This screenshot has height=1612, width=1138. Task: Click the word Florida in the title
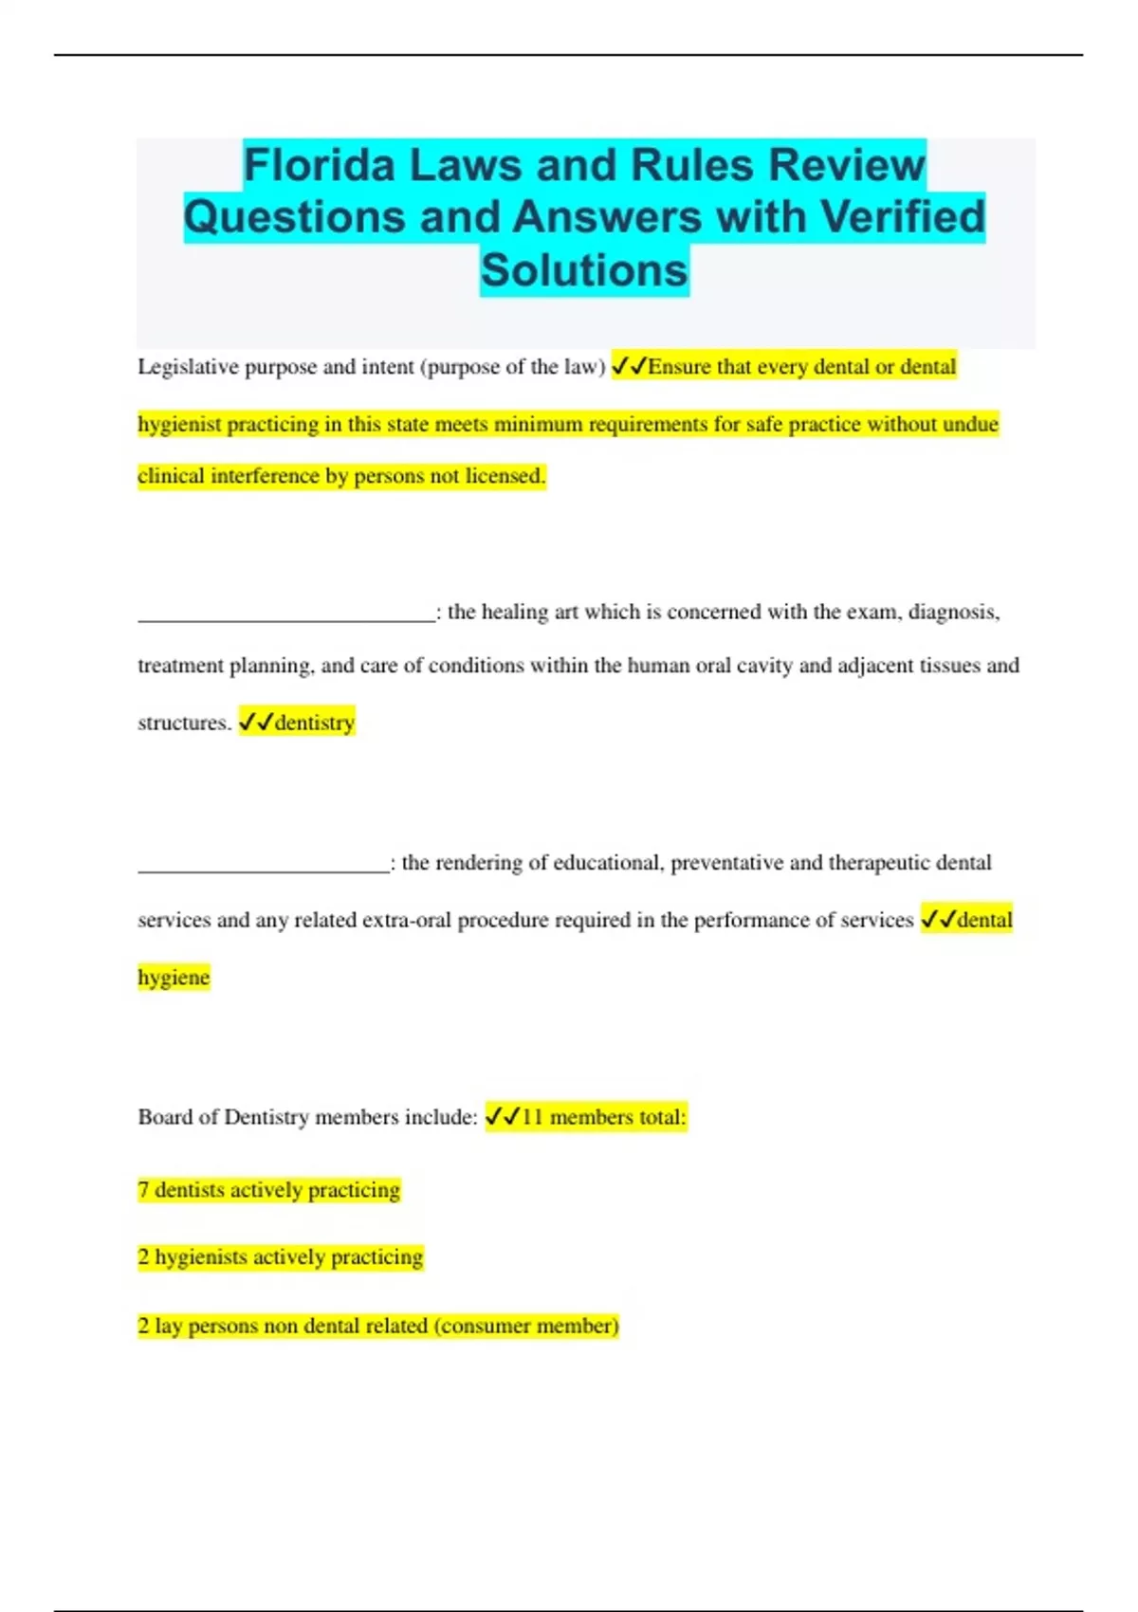319,165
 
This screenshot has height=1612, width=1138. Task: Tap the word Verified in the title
903,216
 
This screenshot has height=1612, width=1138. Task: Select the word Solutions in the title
584,269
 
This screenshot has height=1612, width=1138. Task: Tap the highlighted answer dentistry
314,723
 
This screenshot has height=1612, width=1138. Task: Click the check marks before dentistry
255,723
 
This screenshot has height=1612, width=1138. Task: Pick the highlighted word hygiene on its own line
174,978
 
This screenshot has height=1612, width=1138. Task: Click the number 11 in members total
532,1117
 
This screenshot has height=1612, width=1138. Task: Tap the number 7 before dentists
143,1190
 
